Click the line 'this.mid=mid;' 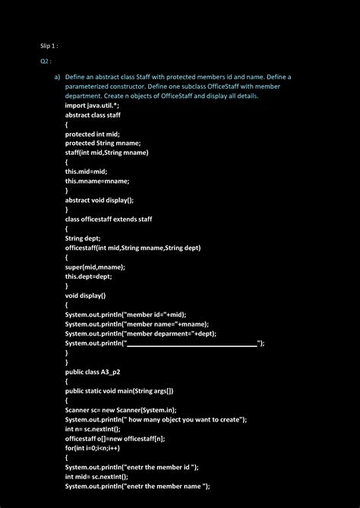tap(86, 172)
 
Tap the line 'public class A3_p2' tap(94, 372)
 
